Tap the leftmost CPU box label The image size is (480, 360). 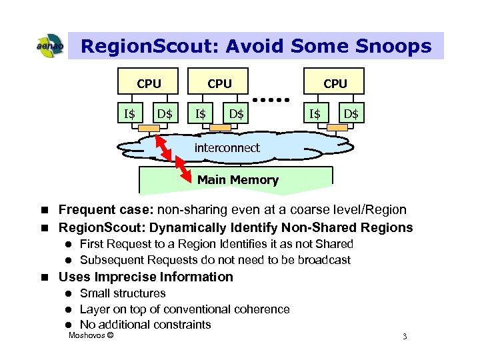149,83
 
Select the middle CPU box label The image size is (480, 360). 219,83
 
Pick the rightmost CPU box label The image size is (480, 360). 335,83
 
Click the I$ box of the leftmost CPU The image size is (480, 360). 129,114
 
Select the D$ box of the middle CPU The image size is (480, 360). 236,114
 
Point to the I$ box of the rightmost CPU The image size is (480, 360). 315,114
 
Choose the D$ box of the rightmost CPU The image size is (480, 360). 351,114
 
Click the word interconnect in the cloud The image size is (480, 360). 227,148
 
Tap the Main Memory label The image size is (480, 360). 237,179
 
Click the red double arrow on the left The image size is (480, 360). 169,154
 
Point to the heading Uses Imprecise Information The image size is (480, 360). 146,277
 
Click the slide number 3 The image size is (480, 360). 404,336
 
